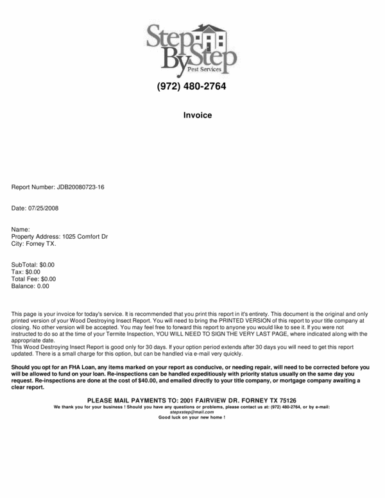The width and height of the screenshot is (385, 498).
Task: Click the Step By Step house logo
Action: click(x=192, y=48)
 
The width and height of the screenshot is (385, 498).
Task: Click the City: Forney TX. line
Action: click(x=34, y=245)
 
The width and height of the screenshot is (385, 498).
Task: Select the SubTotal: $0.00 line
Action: click(x=33, y=264)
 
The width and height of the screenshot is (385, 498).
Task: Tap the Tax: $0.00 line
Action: click(x=26, y=272)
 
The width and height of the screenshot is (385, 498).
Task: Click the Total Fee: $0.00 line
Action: click(x=34, y=279)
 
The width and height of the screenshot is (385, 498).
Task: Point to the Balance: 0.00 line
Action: click(x=30, y=286)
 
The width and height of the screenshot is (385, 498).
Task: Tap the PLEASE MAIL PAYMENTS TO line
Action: click(x=192, y=400)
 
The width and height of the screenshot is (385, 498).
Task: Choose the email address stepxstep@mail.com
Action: click(x=192, y=412)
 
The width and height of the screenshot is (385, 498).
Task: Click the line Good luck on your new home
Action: click(x=192, y=418)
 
